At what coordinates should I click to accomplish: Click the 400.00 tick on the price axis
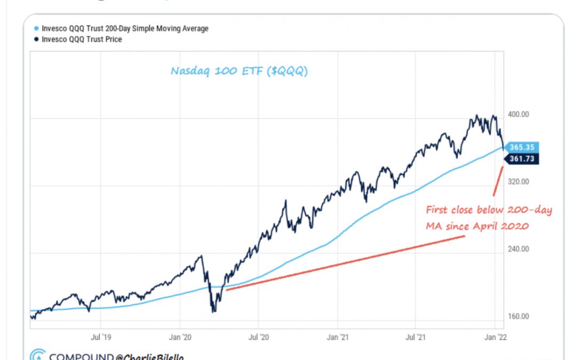[x=517, y=115]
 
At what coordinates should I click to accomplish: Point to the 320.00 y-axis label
[x=517, y=182]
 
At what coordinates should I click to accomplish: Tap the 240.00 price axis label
[x=517, y=249]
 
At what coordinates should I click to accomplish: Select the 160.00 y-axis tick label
[x=517, y=316]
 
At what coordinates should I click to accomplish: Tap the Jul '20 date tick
[x=258, y=337]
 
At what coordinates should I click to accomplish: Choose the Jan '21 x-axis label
[x=337, y=337]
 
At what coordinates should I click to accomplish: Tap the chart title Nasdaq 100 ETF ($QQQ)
[x=239, y=70]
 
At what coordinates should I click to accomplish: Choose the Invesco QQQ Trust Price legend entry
[x=82, y=39]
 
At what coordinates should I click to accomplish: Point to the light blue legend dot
[x=36, y=29]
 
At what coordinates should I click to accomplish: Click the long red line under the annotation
[x=344, y=263]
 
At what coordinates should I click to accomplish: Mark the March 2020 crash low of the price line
[x=214, y=311]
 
